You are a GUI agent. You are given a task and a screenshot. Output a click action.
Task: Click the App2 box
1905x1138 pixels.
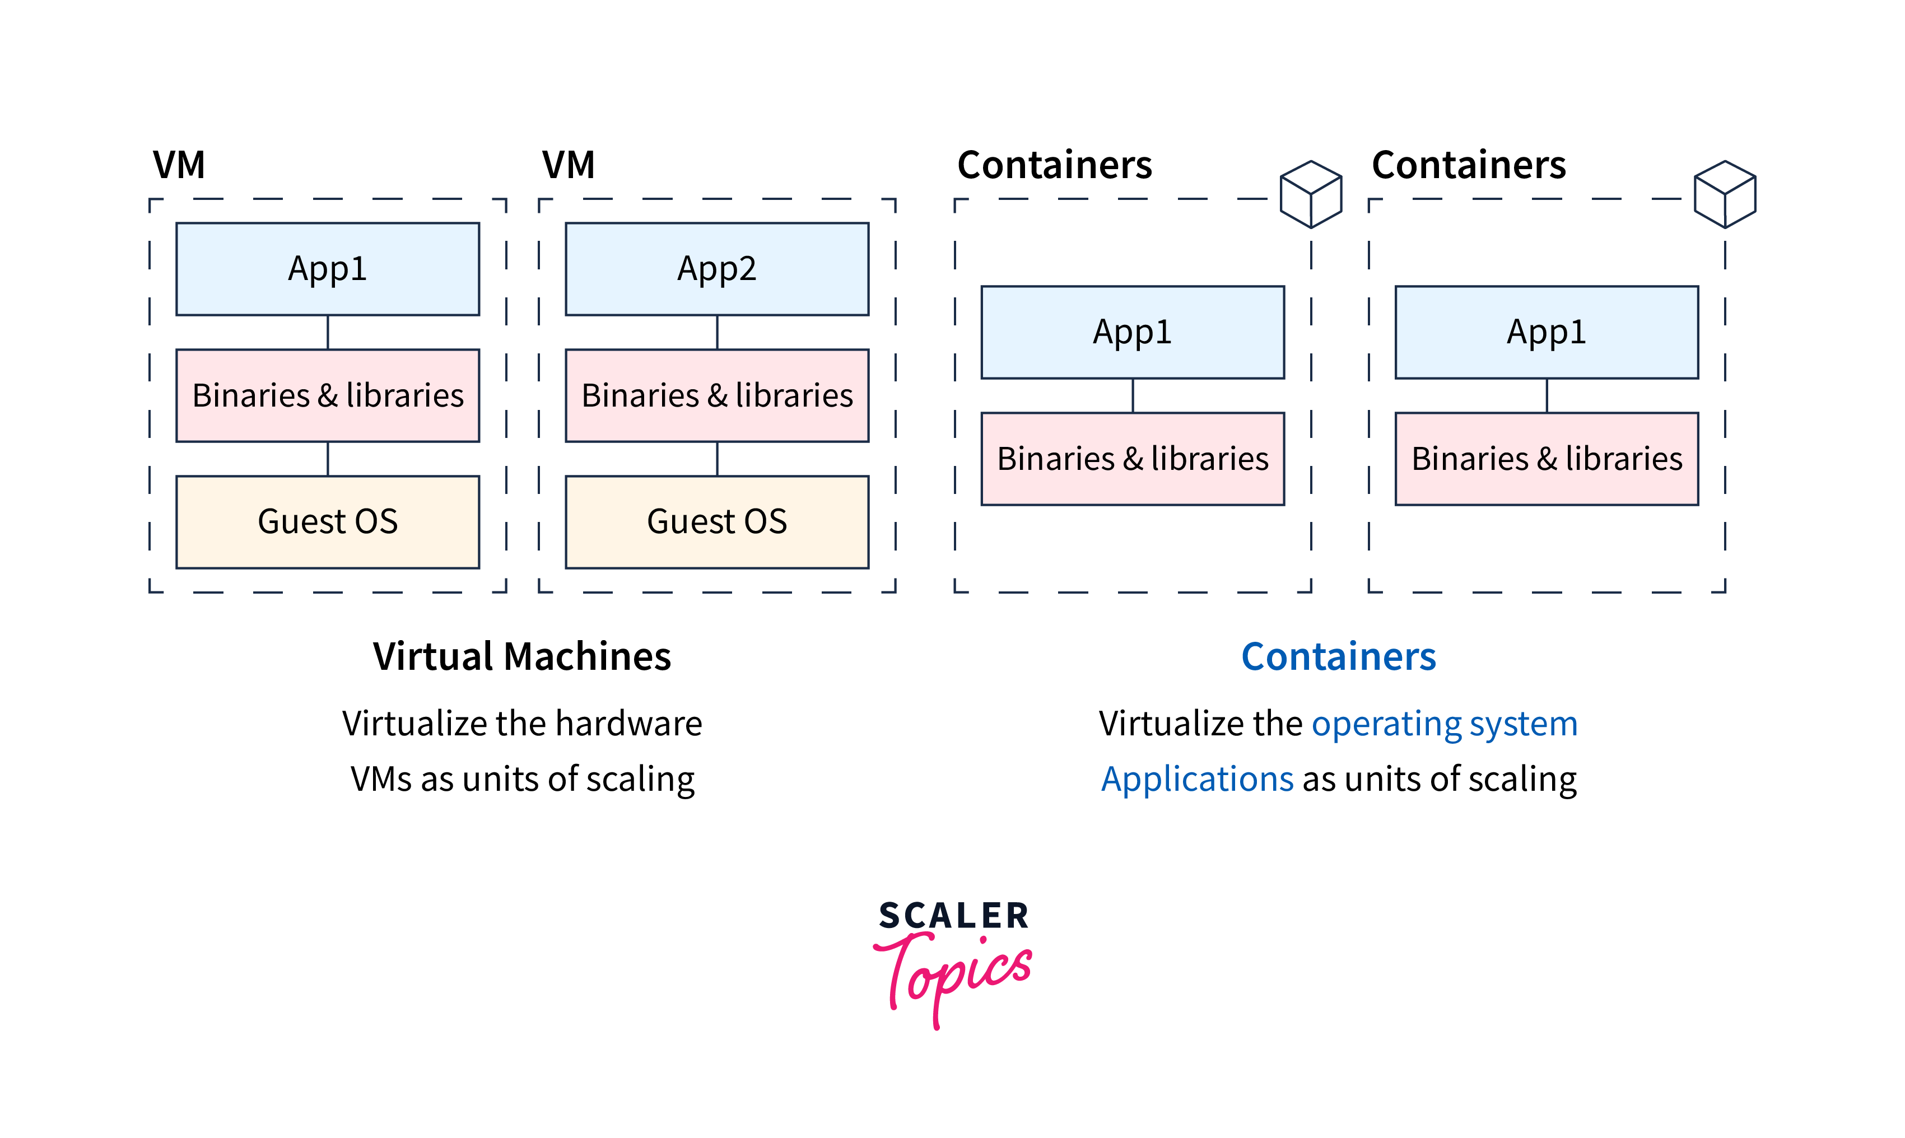point(716,269)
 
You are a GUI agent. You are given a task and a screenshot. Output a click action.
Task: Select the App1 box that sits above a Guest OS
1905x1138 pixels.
point(328,269)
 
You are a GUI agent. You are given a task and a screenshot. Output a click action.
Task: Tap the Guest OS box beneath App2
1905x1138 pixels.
point(716,522)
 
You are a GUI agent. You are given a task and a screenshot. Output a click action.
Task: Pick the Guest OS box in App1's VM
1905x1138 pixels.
point(328,522)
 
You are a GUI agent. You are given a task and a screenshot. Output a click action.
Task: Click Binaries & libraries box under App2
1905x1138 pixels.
point(716,396)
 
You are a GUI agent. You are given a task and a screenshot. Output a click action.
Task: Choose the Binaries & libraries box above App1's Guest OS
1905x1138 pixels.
point(328,396)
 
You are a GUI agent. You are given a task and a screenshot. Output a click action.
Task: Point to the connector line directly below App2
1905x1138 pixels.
point(717,332)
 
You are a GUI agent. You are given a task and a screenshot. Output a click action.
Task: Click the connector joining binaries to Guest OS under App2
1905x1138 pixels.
point(717,459)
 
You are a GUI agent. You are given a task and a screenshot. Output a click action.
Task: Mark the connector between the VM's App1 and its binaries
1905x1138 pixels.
point(328,332)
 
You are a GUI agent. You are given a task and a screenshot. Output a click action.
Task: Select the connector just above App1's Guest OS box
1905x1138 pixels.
point(328,459)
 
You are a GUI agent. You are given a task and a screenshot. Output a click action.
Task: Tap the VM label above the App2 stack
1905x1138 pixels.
point(569,165)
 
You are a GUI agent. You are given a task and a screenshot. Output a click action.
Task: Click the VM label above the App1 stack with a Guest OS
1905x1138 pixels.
point(179,165)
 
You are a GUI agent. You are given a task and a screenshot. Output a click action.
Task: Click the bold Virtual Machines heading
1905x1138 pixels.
point(521,657)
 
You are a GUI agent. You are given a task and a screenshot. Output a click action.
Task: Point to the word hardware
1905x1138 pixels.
point(629,724)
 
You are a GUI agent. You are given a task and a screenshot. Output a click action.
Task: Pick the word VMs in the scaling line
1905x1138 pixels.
point(381,779)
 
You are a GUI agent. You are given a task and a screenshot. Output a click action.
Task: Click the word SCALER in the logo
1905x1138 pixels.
point(953,916)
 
